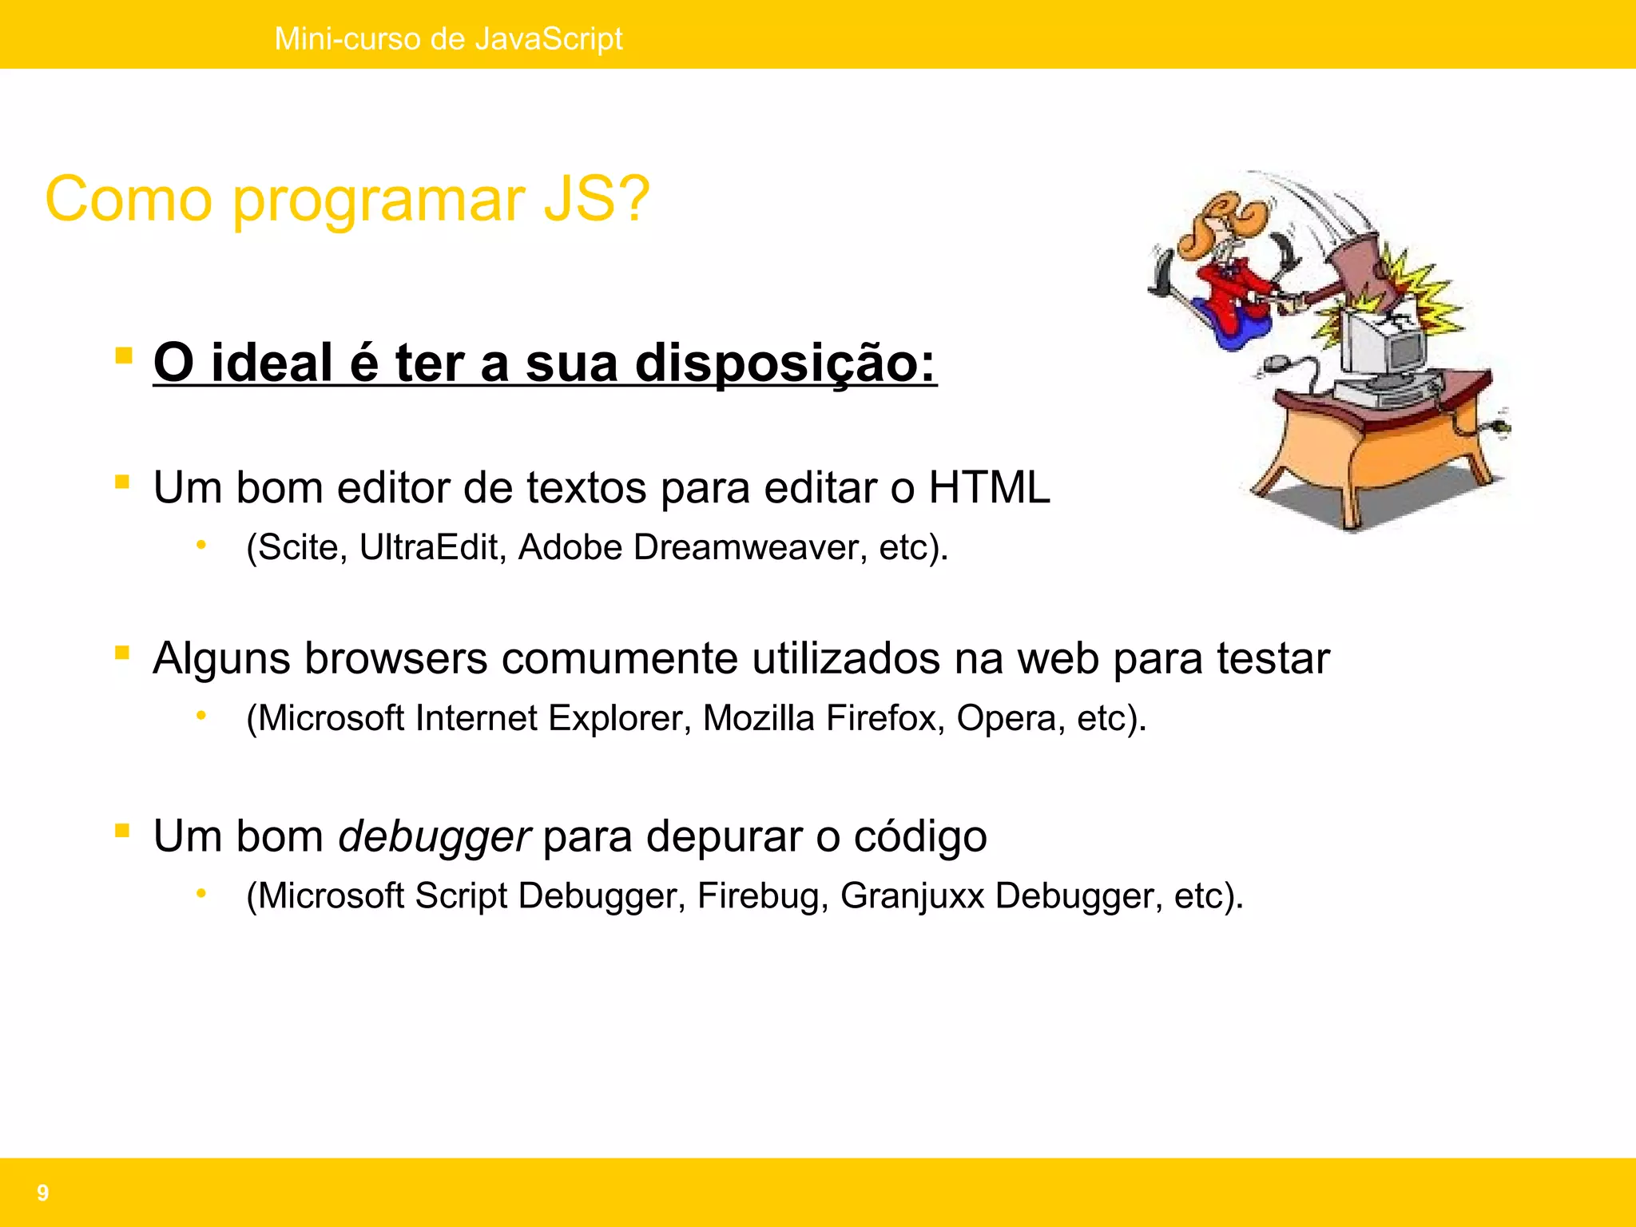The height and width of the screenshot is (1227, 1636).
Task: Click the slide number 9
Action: tap(43, 1193)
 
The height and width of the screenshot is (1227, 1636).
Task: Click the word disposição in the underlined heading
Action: tap(784, 363)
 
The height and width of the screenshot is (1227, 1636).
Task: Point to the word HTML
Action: tap(989, 487)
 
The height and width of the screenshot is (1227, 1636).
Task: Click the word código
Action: tap(920, 836)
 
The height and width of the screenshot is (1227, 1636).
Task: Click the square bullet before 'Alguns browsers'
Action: tap(122, 653)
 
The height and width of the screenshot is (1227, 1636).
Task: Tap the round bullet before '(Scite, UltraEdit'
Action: tap(201, 546)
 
